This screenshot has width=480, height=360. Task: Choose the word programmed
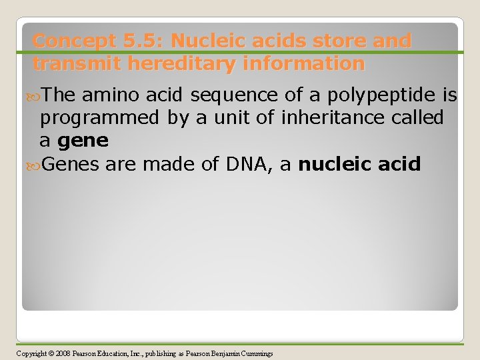[99, 119]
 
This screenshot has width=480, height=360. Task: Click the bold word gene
[83, 141]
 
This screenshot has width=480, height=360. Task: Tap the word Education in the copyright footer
[113, 353]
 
